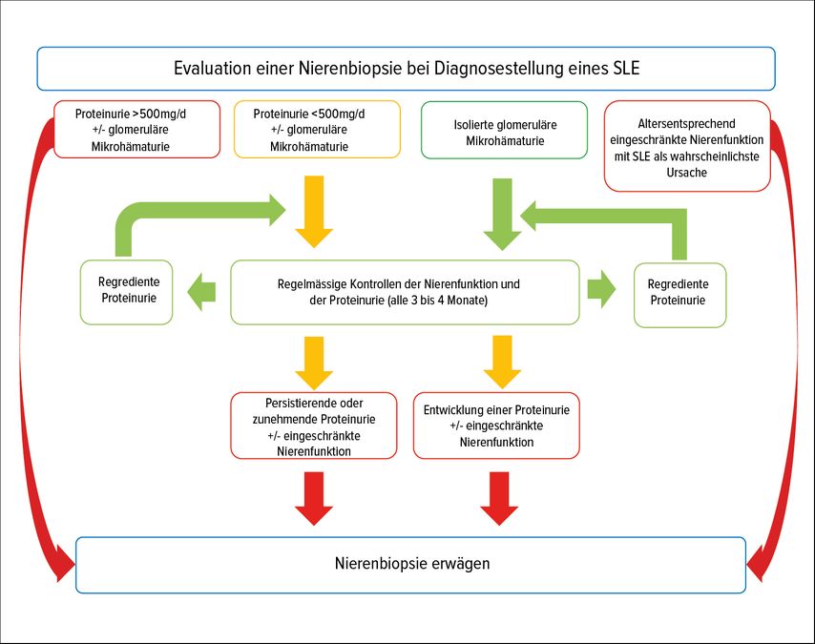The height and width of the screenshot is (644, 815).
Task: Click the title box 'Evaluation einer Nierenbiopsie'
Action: [x=406, y=69]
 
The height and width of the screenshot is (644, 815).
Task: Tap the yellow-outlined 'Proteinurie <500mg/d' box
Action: [x=315, y=130]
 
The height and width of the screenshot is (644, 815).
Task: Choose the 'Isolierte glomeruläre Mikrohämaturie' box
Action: [x=505, y=132]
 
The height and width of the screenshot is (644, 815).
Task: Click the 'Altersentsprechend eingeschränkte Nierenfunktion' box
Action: [x=686, y=145]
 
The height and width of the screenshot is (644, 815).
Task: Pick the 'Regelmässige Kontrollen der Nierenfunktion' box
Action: [x=405, y=292]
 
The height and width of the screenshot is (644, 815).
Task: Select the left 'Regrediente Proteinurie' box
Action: [x=128, y=291]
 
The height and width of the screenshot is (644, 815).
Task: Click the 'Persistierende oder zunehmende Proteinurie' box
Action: [x=314, y=426]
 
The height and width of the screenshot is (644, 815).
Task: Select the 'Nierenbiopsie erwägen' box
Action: [x=411, y=564]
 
